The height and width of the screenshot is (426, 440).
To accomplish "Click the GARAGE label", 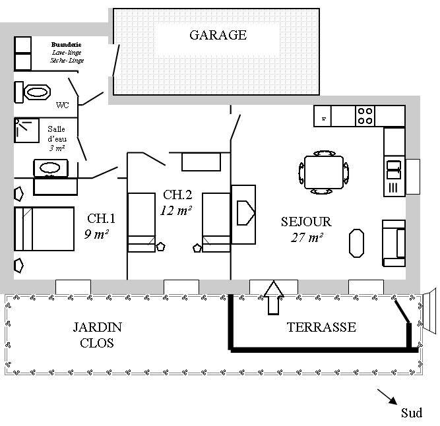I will [x=218, y=35].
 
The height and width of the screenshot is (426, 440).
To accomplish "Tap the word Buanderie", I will [x=66, y=44].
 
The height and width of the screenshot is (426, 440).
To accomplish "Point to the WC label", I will [x=63, y=105].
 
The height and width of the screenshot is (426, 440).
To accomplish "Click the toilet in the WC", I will [x=36, y=92].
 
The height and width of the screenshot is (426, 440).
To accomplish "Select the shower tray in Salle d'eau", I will [x=27, y=130].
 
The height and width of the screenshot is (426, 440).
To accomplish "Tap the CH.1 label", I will [x=101, y=218].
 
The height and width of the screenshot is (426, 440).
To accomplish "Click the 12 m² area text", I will [x=176, y=210].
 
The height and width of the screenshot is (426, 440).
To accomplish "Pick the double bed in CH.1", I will [x=44, y=228].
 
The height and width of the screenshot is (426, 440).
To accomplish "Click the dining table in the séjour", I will [x=323, y=172].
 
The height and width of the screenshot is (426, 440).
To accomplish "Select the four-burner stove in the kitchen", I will [x=365, y=117].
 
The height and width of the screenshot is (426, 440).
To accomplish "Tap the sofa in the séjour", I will [x=394, y=243].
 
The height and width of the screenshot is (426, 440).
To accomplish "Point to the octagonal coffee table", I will [x=357, y=242].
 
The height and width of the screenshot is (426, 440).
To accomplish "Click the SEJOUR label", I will [x=306, y=222].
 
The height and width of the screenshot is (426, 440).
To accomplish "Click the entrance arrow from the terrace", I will [x=273, y=297].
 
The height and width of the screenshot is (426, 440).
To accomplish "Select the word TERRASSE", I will [x=321, y=327].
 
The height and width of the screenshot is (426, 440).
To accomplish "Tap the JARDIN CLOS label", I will [x=97, y=334].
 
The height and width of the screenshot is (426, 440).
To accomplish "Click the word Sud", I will [x=412, y=413].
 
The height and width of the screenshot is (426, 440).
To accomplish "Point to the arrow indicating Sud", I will [x=387, y=396].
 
